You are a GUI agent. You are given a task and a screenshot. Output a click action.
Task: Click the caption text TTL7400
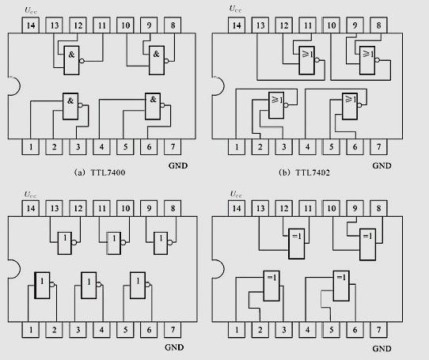coord(108,172)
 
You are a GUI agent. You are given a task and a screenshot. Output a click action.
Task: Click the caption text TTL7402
coord(313,172)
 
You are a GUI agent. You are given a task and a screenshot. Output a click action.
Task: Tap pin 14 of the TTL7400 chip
coord(31,25)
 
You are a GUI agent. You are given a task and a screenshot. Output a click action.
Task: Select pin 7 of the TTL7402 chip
coord(378,147)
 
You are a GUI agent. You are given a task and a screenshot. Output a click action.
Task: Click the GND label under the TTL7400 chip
coord(178,165)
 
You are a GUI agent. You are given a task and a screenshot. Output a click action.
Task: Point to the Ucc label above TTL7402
coord(235,9)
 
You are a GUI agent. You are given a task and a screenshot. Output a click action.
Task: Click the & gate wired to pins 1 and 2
coord(70,106)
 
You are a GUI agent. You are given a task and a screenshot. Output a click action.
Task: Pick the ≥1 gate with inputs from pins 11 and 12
coord(307,60)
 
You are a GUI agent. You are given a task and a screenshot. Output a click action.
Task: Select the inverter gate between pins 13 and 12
coord(65,243)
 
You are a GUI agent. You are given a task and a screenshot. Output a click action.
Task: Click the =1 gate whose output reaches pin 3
coord(271,286)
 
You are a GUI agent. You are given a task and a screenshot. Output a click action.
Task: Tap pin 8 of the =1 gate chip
coord(378,208)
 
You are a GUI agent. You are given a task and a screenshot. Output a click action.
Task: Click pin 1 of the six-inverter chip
coord(31,330)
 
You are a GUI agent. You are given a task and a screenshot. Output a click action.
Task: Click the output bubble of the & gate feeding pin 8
coord(167,61)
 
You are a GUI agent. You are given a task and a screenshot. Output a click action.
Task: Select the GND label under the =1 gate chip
coord(382,348)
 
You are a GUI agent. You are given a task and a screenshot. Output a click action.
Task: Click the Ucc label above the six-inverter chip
coord(30,195)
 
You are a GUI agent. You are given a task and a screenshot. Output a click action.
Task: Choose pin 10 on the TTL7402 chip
coord(332,25)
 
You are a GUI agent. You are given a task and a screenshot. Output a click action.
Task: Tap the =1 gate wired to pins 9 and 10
coord(368,244)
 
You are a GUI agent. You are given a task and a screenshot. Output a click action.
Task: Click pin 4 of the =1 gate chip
coord(308,330)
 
